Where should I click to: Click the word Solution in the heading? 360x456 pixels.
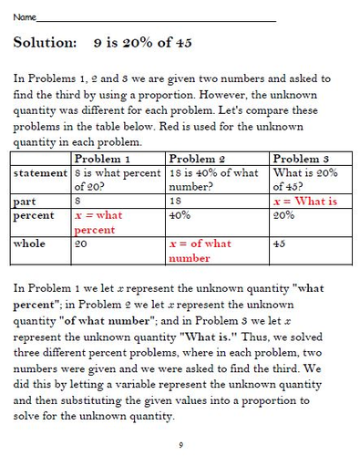coord(45,43)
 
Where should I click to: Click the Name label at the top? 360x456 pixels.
coord(25,16)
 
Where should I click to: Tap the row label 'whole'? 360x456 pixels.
coord(30,244)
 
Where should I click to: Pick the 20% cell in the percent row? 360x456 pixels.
coord(283,216)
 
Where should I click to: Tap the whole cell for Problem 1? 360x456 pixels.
coord(81,244)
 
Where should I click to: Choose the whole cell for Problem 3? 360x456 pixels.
coord(280,244)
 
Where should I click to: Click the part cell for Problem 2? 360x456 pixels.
coord(177,202)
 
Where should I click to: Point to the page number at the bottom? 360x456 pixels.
coord(180,443)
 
